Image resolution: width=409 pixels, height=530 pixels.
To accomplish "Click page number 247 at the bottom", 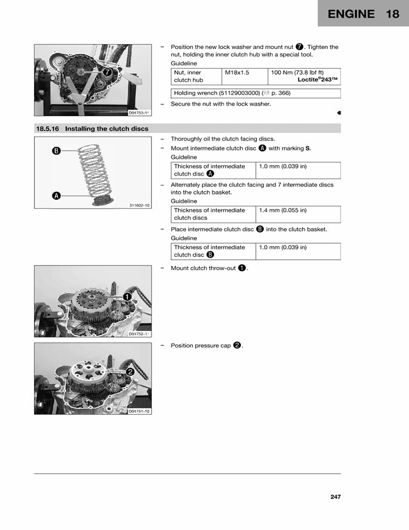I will point(334,497).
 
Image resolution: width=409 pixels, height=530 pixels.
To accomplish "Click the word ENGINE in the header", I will point(351,14).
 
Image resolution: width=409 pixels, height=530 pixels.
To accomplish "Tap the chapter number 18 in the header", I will point(392,14).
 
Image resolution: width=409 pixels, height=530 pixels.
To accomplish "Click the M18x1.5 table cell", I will point(237,73).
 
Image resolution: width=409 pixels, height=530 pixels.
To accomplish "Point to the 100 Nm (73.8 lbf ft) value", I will point(297,73).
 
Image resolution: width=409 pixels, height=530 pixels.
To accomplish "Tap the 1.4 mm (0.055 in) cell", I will point(283,210).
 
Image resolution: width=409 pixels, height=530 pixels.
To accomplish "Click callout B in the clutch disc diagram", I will point(56,151).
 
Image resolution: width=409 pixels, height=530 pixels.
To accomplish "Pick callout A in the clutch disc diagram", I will point(56,196).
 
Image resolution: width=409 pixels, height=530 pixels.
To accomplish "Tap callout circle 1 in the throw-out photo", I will point(128,297).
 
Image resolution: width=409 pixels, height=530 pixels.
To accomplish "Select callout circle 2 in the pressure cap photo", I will point(130,372).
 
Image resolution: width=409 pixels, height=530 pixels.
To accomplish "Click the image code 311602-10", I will point(139,205).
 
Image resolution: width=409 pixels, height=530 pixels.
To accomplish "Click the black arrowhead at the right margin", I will point(339,113).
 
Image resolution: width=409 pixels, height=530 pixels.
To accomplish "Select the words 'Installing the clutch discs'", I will point(106,129).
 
